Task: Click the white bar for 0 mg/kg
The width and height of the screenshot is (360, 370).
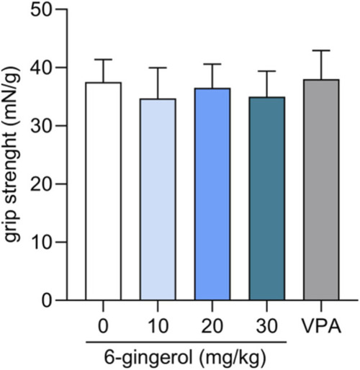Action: [104, 191]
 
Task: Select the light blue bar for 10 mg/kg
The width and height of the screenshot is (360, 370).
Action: [158, 199]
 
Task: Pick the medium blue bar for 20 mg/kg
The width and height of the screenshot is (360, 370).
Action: [212, 194]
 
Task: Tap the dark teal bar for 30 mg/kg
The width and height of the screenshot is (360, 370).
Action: [267, 199]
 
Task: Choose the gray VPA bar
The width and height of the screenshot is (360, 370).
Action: [321, 190]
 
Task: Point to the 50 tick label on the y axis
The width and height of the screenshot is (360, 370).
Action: [41, 9]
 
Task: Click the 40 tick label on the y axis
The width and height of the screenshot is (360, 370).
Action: [41, 68]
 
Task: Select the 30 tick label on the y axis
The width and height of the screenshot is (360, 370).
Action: [41, 126]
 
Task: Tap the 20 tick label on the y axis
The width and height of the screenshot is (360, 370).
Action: [41, 184]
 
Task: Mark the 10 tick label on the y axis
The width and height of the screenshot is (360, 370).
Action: [41, 242]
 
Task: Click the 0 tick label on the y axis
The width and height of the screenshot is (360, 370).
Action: [47, 300]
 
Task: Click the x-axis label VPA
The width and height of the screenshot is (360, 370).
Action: [321, 326]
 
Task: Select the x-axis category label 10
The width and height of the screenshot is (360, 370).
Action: [158, 326]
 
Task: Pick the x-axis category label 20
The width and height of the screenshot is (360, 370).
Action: [212, 326]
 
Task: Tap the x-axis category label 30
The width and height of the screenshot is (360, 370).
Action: [267, 326]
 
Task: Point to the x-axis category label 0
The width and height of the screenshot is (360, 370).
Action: [104, 326]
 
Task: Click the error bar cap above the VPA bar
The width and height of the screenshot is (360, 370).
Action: [321, 50]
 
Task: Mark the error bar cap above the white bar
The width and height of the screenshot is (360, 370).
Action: [104, 59]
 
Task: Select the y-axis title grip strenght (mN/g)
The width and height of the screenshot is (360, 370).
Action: [12, 154]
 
